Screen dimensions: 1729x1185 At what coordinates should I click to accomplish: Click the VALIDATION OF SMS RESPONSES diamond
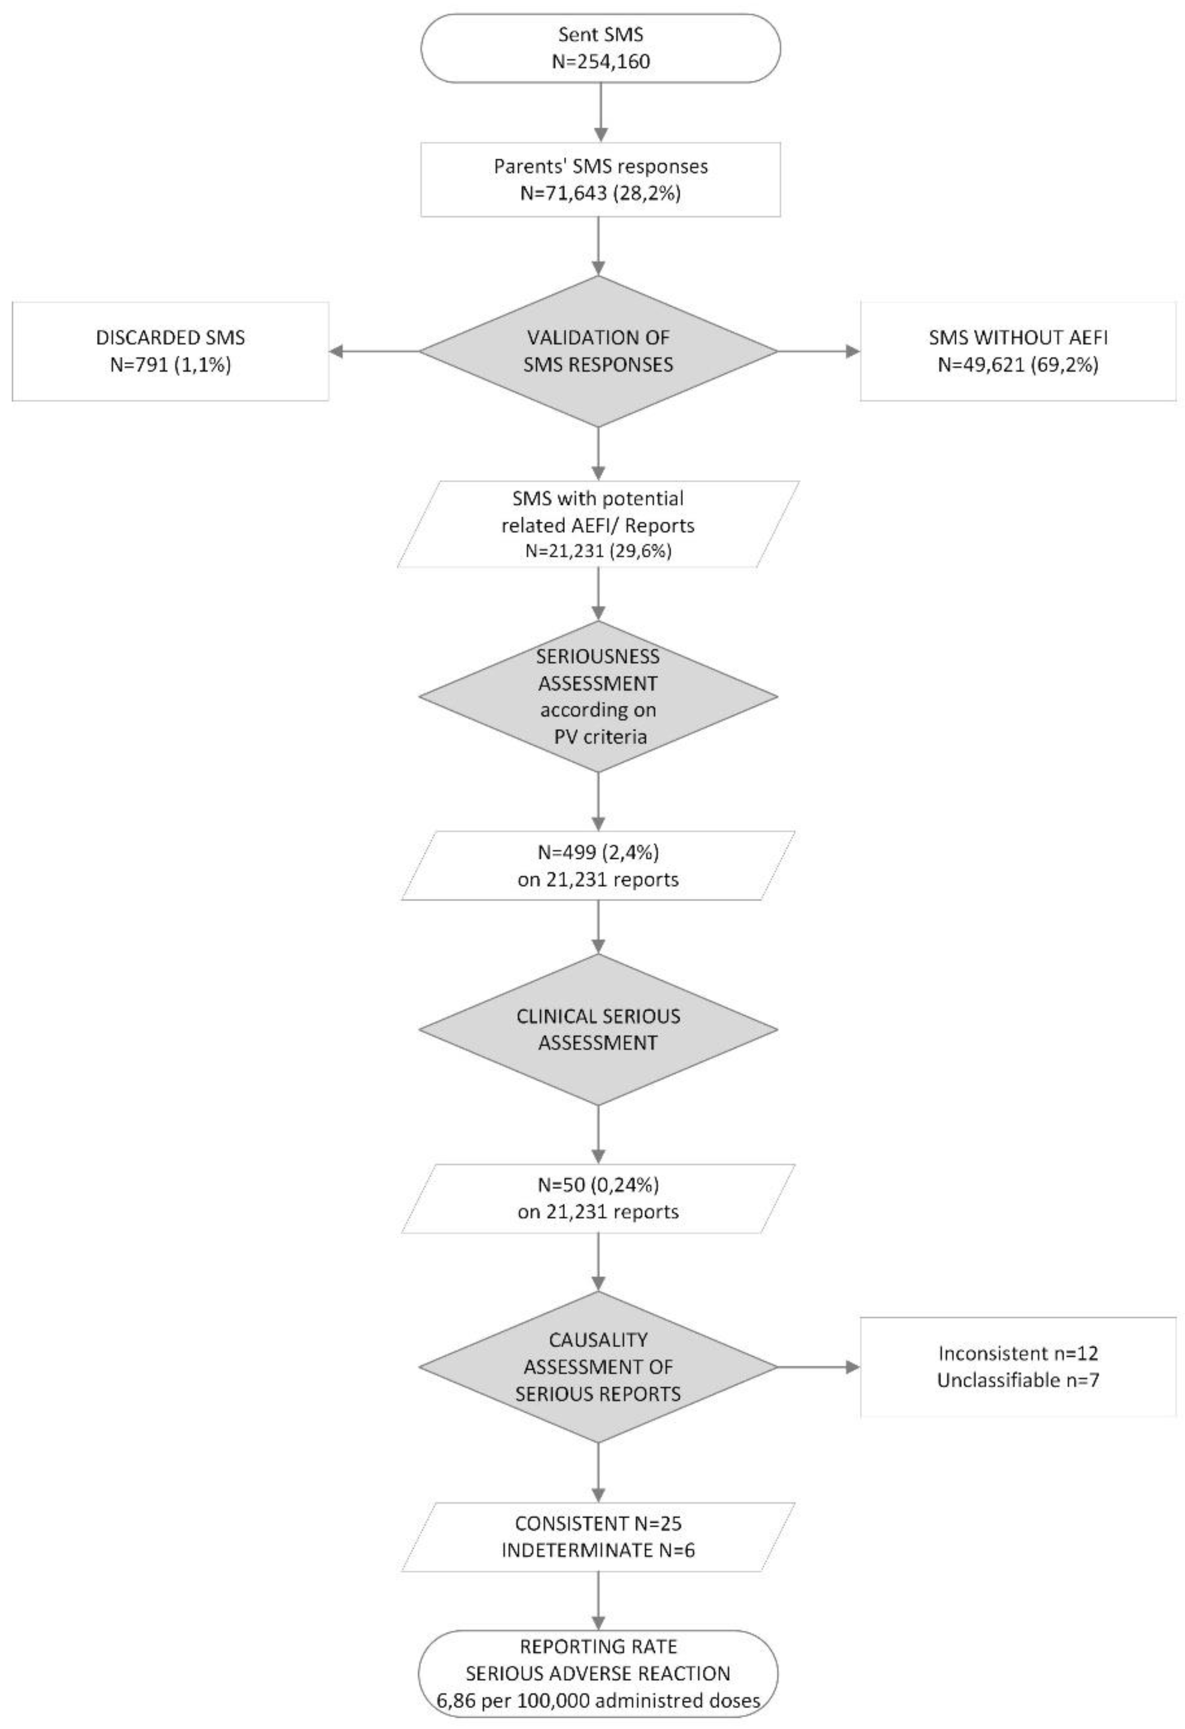click(x=599, y=351)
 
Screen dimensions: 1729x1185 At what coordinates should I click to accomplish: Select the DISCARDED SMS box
click(x=170, y=351)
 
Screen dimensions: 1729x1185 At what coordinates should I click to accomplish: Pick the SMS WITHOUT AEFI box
click(x=1018, y=351)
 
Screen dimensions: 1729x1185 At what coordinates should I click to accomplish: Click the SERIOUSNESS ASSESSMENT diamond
click(x=599, y=696)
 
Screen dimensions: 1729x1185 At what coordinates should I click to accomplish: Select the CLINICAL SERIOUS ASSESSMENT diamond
click(x=599, y=1030)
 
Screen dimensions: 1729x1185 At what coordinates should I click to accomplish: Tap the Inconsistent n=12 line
click(x=1018, y=1352)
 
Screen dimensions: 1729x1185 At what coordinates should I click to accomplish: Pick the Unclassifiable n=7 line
click(x=1018, y=1380)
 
